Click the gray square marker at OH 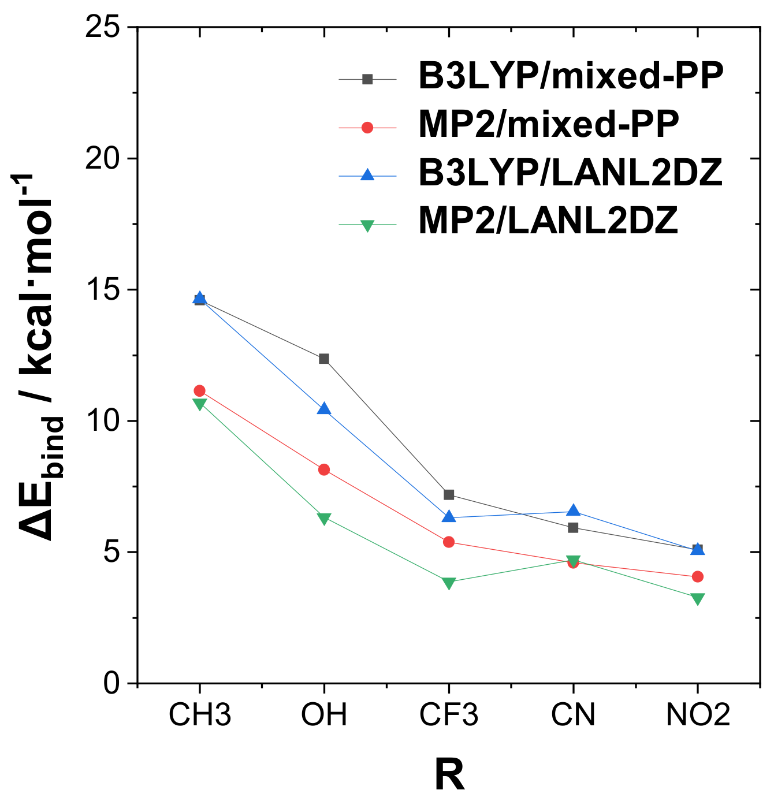(x=324, y=359)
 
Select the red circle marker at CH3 (x=199, y=390)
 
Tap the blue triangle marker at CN (x=573, y=510)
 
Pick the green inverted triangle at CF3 (x=449, y=582)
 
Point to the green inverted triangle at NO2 (x=698, y=598)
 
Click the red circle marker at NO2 (x=698, y=576)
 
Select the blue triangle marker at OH (x=324, y=409)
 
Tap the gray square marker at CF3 (x=449, y=494)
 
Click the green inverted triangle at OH (x=324, y=518)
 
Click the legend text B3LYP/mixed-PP (x=571, y=76)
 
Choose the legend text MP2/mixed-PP (x=548, y=124)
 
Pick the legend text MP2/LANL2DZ (x=548, y=221)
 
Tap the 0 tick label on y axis (x=111, y=683)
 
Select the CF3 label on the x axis (x=449, y=715)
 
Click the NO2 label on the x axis (x=698, y=715)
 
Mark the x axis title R (x=449, y=776)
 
